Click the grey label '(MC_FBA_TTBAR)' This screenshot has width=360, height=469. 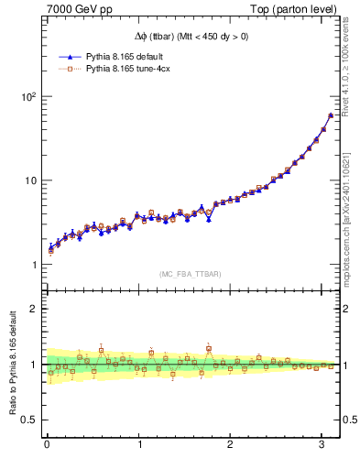click(191, 274)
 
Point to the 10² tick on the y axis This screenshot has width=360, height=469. click(27, 96)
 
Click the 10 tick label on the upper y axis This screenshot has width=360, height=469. click(30, 180)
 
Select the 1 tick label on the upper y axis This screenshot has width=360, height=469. click(34, 265)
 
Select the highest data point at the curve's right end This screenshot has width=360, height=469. click(331, 115)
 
